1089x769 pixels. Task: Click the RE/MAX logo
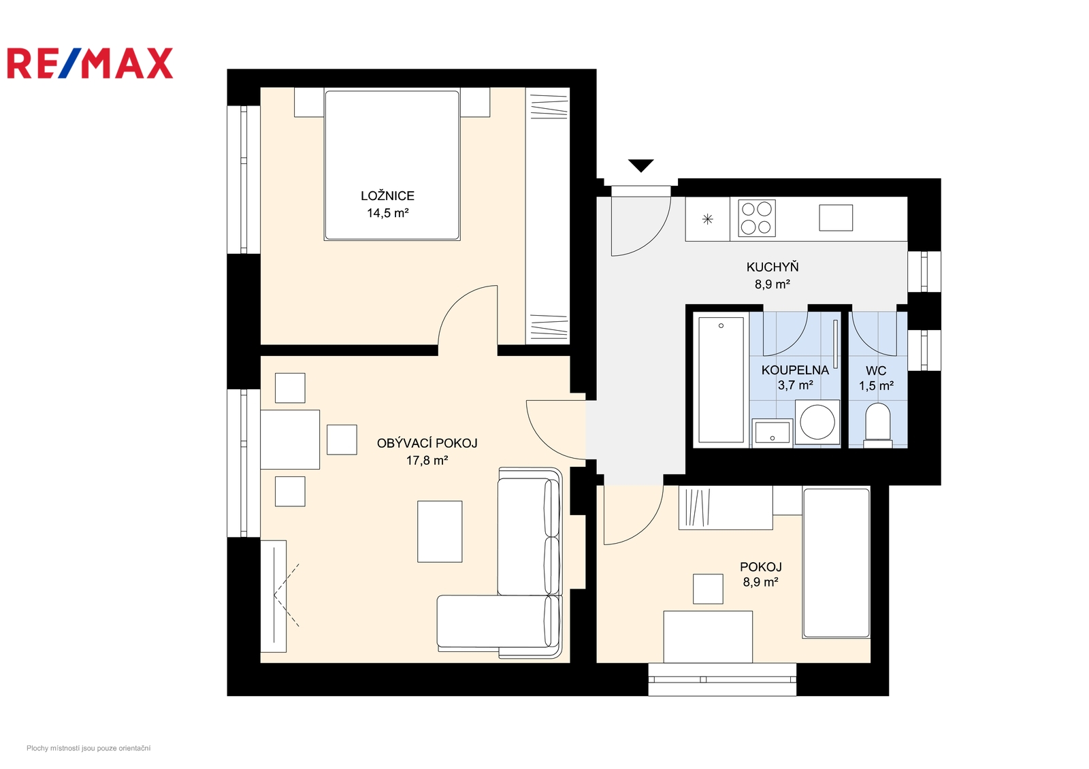pos(90,63)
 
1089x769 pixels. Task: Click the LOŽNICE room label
pos(387,196)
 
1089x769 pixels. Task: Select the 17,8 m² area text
pos(427,460)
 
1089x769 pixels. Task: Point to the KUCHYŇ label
pos(773,267)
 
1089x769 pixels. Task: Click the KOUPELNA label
pos(795,370)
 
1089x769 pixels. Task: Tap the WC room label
pos(875,370)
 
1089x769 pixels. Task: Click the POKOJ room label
pos(761,567)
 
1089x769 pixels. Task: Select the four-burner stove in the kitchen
pos(756,218)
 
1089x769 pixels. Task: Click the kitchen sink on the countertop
pos(836,218)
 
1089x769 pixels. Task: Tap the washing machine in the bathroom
pos(817,422)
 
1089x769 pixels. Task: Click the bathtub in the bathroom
pos(721,380)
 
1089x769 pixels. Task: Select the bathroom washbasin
pos(772,433)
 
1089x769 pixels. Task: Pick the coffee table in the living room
pos(440,531)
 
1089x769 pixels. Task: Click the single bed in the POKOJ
pos(836,562)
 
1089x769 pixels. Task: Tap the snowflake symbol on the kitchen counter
pos(707,219)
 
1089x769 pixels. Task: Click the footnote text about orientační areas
pos(88,748)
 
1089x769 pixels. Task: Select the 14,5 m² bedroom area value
pos(387,213)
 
